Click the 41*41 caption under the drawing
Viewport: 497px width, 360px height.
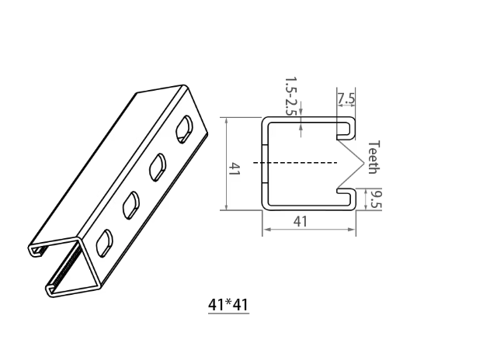coord(228,305)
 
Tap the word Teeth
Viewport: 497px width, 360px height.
coord(373,157)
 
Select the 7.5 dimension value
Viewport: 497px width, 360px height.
coord(346,99)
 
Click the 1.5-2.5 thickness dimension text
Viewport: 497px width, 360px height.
coord(290,96)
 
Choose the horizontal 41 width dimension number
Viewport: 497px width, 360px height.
coord(301,221)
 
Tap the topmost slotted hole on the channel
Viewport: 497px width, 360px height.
coord(185,128)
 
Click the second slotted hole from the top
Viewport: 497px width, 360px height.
coord(158,165)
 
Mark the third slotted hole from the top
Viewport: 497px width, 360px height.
coord(130,204)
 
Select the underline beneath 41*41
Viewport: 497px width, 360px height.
coord(228,314)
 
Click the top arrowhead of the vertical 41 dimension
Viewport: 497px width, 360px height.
coord(225,120)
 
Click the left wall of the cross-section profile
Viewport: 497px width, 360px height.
coord(263,163)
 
